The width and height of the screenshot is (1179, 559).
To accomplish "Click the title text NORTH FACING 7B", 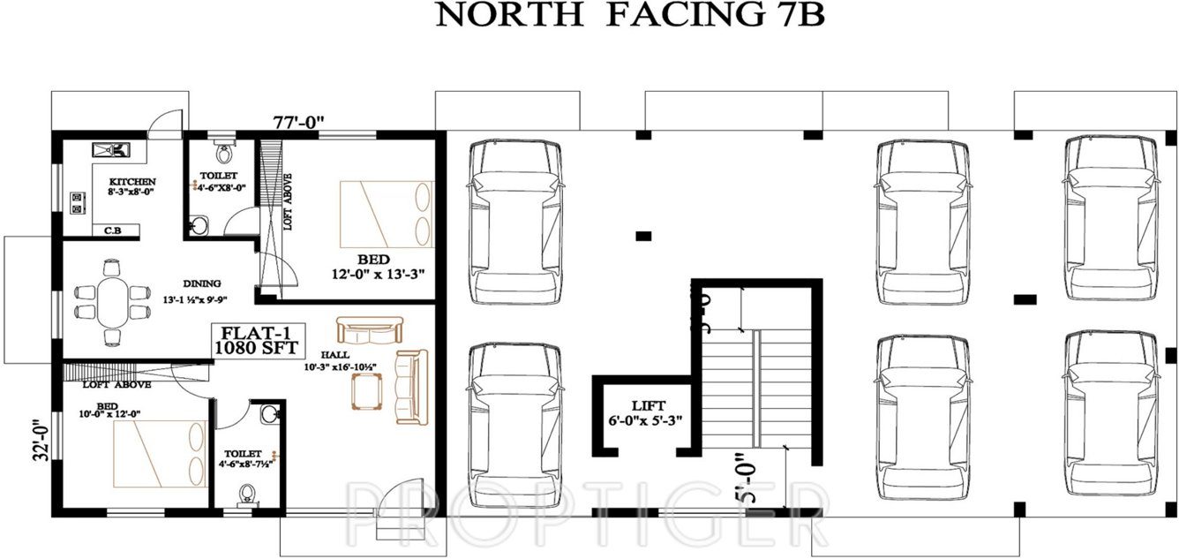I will coord(630,17).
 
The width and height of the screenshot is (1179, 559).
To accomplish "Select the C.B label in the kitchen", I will coord(112,230).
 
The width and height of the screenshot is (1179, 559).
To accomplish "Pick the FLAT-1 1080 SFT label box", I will coord(249,341).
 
